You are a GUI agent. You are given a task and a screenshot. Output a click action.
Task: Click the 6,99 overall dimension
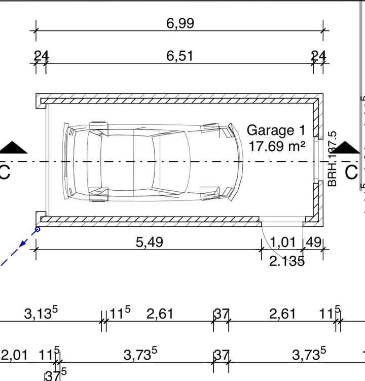[x=180, y=23]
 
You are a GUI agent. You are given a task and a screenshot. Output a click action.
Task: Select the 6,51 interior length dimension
[x=180, y=55]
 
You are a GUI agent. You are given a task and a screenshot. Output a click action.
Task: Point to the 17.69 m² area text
[x=277, y=146]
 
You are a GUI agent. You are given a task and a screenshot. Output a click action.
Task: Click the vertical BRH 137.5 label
[x=333, y=159]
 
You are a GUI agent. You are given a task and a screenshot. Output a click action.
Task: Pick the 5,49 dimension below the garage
[x=150, y=243]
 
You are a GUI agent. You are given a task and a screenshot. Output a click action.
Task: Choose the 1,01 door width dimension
[x=282, y=242]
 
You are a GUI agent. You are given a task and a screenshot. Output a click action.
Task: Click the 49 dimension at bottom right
[x=314, y=242]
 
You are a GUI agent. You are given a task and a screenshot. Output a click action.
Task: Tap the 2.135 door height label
[x=287, y=261]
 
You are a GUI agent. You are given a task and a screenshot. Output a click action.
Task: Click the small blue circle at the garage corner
[x=37, y=229]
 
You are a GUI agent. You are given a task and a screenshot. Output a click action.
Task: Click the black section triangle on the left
[x=13, y=148]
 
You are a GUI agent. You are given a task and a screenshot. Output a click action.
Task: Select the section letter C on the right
[x=351, y=172]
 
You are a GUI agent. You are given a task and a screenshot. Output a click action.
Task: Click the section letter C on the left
[x=4, y=172]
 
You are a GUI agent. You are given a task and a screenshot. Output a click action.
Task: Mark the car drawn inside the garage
[x=152, y=162]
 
